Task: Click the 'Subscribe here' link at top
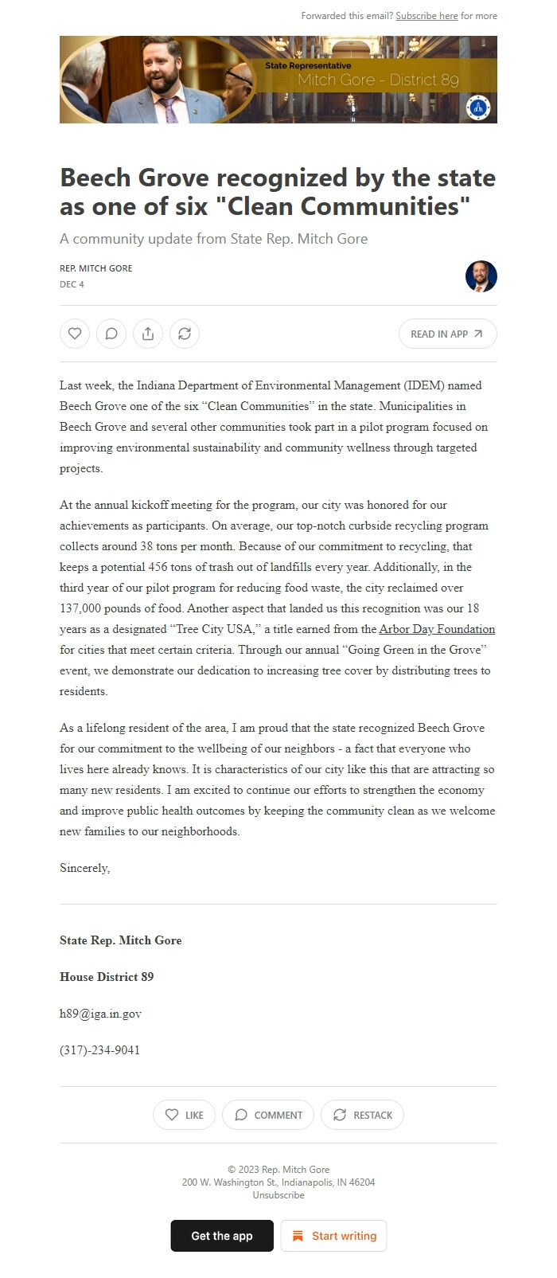click(x=427, y=16)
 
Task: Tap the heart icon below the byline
click(x=75, y=334)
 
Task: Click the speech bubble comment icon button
click(x=111, y=334)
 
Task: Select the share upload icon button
click(x=148, y=334)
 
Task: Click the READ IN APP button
click(x=447, y=334)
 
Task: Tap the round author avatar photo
click(x=481, y=276)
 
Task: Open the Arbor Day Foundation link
click(x=437, y=629)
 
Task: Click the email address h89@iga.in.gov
click(x=100, y=1014)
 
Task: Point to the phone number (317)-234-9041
click(x=99, y=1050)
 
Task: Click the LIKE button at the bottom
click(x=184, y=1115)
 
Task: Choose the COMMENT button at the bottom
click(x=268, y=1115)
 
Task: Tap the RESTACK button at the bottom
click(x=362, y=1115)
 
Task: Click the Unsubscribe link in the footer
click(x=278, y=1195)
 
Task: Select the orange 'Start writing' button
click(x=334, y=1236)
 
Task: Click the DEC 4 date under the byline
click(x=72, y=284)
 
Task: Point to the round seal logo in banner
click(x=478, y=107)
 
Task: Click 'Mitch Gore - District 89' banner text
click(x=378, y=80)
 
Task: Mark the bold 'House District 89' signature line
click(x=107, y=977)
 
